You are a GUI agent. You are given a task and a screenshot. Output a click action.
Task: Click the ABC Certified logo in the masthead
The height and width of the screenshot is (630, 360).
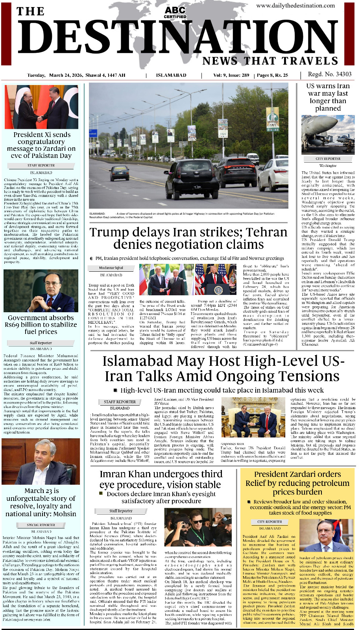[175, 12]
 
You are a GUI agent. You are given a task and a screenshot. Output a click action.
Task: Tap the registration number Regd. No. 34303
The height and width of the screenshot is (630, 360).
[330, 74]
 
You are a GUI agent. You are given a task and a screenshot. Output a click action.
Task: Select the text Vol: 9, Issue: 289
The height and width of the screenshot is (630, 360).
[231, 75]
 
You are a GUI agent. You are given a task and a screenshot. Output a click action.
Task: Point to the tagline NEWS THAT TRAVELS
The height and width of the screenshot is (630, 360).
[270, 61]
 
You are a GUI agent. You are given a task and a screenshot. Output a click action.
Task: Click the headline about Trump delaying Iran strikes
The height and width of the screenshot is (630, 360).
[188, 238]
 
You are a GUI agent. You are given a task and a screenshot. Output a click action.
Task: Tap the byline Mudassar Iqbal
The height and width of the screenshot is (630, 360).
[111, 268]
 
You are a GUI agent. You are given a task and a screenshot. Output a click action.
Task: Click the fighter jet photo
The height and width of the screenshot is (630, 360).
[328, 135]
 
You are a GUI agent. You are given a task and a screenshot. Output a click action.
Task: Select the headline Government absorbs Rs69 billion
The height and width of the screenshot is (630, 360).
[41, 324]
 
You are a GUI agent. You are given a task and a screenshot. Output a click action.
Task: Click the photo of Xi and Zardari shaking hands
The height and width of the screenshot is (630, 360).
[41, 107]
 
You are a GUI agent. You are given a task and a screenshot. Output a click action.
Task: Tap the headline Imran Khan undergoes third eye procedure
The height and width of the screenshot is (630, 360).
[161, 479]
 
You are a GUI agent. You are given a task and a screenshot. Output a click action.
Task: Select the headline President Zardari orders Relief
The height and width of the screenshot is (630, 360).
[297, 483]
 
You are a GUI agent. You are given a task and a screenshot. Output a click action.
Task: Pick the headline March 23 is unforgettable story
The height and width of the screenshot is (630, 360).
[41, 502]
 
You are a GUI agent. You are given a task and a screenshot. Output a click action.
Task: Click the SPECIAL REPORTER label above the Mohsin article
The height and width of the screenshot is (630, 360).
[41, 525]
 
